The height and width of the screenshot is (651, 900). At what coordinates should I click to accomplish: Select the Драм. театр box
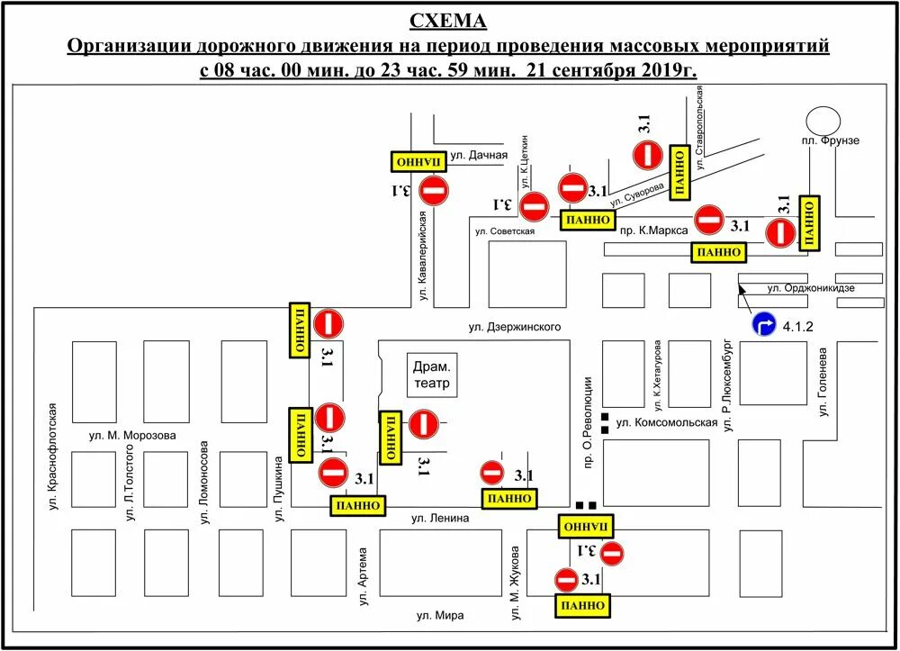coord(431,375)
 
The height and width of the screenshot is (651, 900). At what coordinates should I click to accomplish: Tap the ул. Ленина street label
coord(441,518)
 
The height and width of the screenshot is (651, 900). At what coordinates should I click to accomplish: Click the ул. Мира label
coord(440,615)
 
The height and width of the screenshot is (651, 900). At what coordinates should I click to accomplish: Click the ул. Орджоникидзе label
coord(810,288)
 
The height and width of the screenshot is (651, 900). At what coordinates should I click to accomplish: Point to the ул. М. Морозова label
coord(133,436)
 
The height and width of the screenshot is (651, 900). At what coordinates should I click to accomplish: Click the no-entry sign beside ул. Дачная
coord(434,190)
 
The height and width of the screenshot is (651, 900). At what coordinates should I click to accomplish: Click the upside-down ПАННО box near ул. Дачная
coord(418,161)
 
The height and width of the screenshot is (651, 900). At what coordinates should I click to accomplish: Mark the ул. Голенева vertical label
coord(823,383)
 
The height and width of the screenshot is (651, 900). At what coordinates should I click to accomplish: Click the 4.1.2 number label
coord(798,326)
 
